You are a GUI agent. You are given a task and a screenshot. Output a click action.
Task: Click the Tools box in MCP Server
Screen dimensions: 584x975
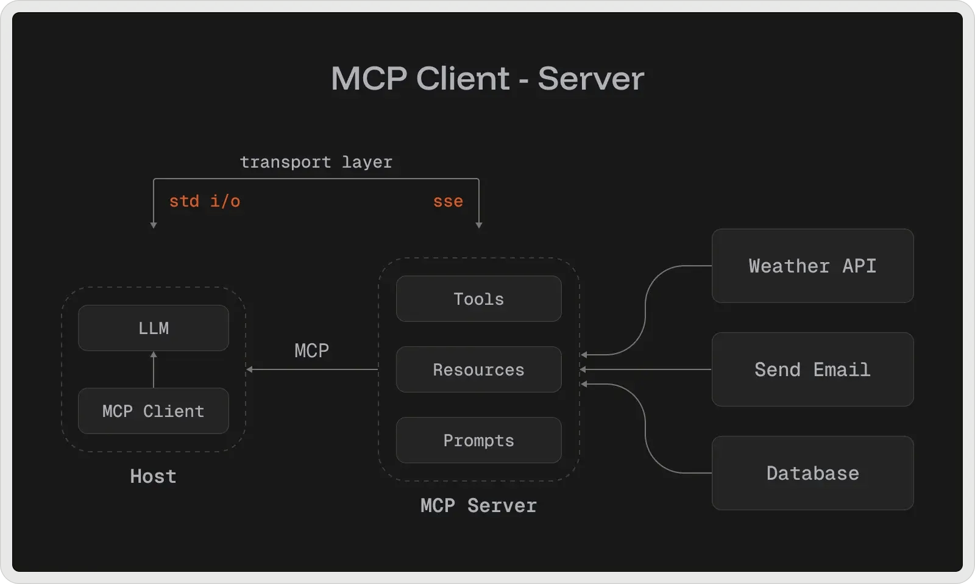478,299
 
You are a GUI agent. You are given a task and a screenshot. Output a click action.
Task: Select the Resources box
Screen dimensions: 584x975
478,369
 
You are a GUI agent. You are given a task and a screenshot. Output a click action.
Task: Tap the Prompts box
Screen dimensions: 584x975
478,440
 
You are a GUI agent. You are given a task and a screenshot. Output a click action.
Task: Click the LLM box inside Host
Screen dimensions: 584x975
154,328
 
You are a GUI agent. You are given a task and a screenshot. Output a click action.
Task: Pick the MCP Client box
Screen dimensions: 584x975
154,411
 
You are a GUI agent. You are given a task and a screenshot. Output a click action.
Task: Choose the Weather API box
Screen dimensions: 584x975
812,266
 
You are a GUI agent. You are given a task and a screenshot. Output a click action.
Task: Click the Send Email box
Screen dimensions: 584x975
812,369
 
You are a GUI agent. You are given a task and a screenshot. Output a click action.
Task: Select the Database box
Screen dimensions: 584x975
812,473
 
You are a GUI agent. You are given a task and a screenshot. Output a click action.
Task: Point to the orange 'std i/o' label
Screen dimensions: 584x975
204,201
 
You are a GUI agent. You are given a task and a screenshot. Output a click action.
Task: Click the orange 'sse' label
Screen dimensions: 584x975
448,201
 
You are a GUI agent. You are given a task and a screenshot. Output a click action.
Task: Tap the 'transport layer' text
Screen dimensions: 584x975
316,162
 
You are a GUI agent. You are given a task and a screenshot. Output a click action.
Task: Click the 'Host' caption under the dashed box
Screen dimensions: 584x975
153,476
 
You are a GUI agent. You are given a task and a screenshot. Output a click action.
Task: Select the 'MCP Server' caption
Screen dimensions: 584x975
478,505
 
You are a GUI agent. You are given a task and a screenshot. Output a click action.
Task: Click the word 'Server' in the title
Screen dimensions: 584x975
590,79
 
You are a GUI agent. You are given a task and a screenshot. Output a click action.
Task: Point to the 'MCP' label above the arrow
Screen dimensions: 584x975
311,351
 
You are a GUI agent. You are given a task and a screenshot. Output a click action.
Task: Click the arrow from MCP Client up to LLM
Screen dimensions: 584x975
154,370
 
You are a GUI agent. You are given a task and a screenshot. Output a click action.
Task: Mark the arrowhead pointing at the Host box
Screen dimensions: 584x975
250,369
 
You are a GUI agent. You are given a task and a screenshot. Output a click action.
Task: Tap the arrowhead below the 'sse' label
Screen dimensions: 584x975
479,225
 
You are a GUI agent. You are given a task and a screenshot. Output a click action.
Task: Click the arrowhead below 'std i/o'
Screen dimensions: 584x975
154,225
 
